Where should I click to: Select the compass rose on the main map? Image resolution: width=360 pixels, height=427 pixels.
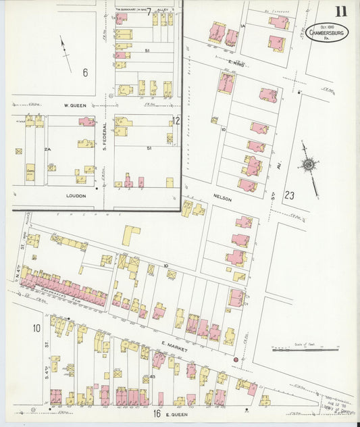(x=308, y=165)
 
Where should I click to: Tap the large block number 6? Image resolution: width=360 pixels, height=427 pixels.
(x=85, y=72)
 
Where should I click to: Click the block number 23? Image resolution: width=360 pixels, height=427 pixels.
(x=290, y=195)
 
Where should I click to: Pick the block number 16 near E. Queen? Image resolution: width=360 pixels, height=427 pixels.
(x=155, y=411)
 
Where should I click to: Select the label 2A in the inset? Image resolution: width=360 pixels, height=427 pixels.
(x=47, y=149)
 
